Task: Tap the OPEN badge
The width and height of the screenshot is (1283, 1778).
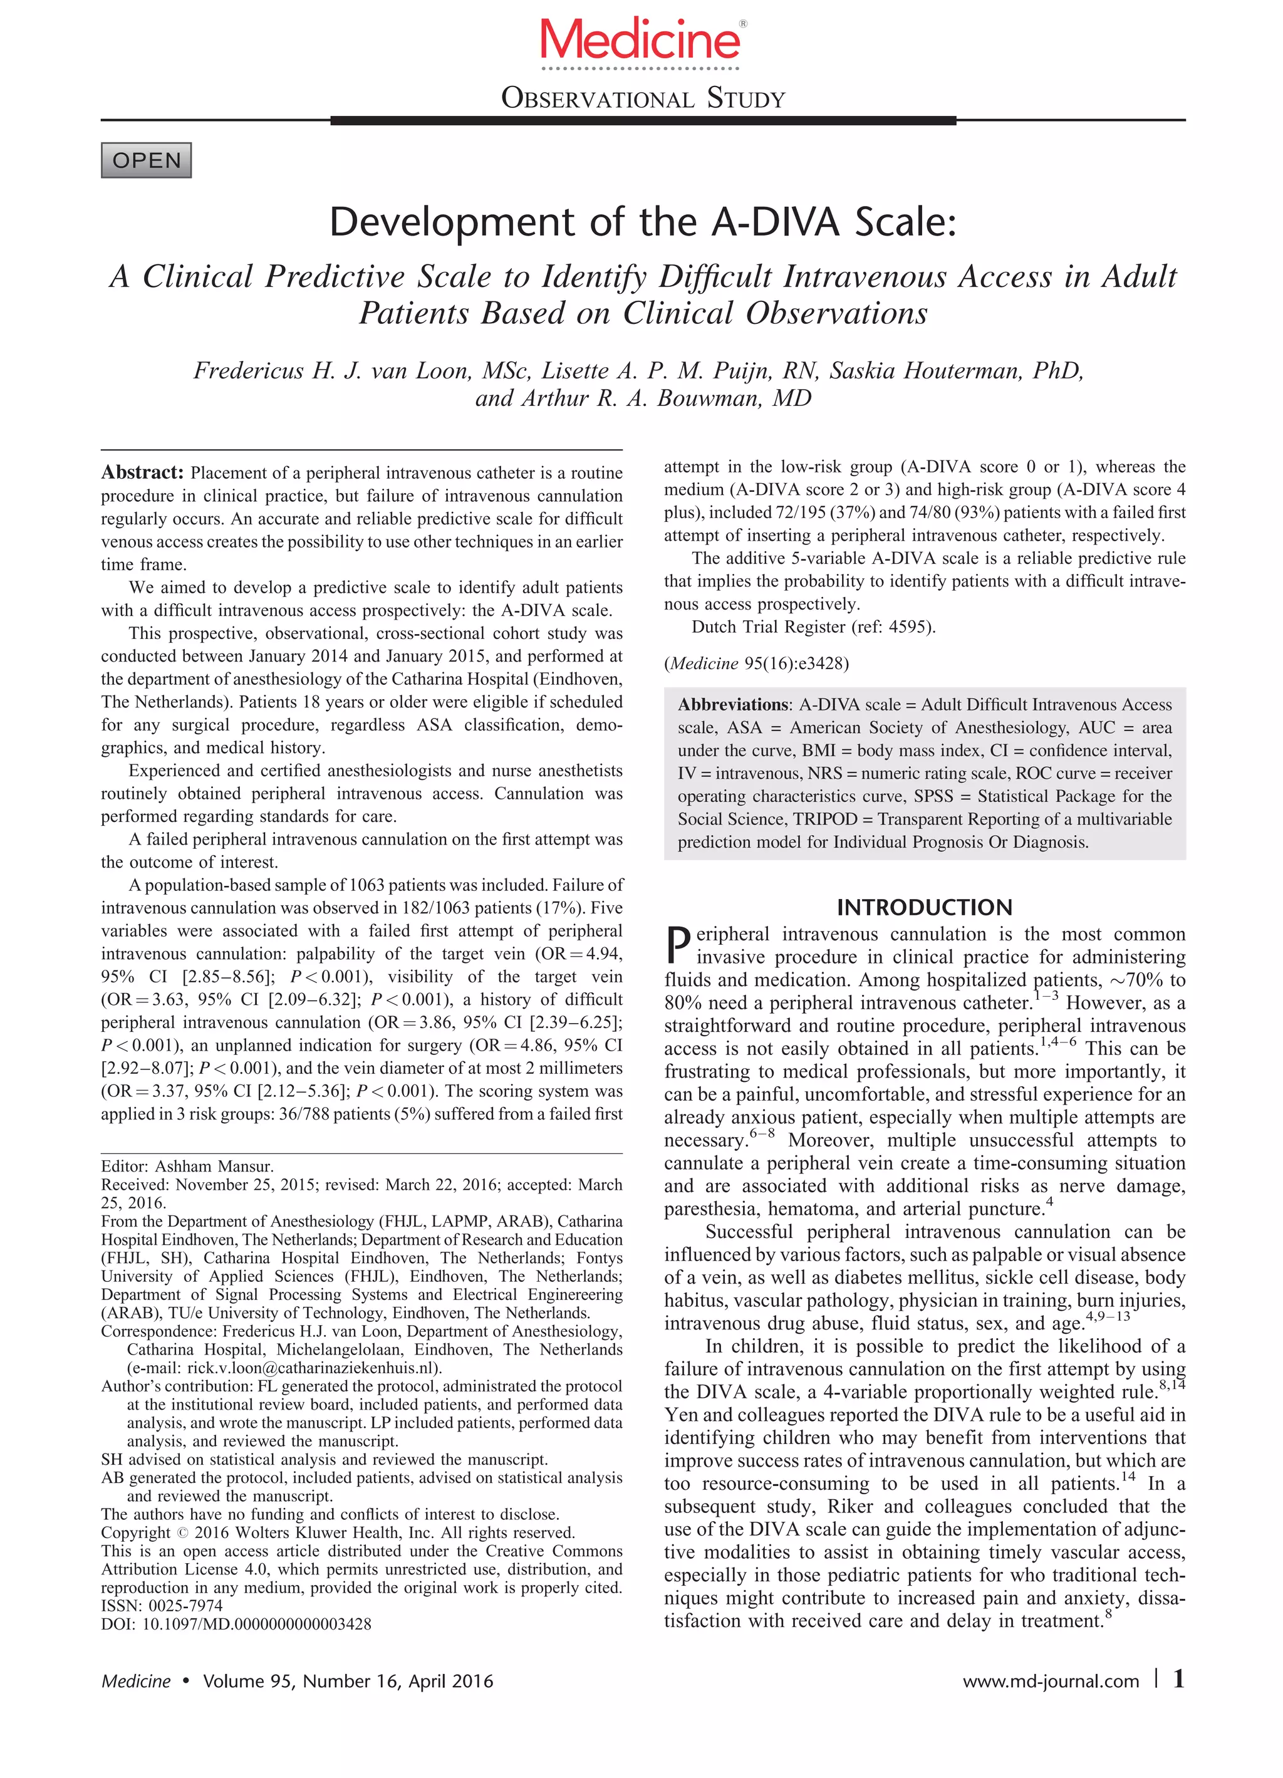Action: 147,161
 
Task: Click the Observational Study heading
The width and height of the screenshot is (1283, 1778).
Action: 643,100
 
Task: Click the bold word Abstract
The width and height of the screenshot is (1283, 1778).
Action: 142,472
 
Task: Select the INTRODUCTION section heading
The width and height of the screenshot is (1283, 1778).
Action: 924,907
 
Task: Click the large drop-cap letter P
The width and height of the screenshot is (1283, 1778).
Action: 678,945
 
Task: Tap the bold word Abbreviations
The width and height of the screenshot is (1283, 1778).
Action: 733,704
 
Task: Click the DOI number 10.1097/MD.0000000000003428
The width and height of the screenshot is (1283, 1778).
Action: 256,1623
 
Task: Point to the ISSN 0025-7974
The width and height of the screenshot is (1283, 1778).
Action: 182,1606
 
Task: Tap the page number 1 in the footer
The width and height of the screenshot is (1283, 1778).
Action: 1178,1678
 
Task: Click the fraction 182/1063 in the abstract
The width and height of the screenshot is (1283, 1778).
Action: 373,908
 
